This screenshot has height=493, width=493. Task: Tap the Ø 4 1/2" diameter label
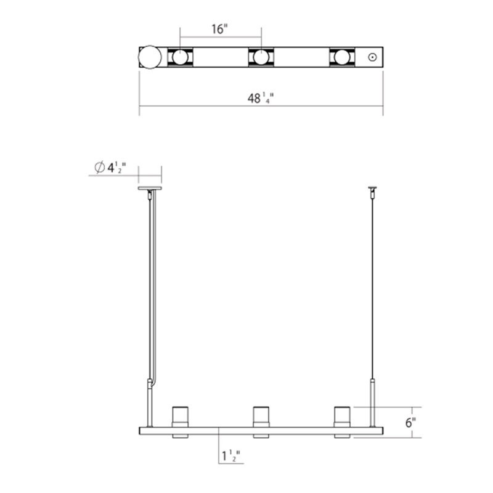[x=112, y=167]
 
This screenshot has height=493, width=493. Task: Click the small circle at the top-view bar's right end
[x=372, y=57]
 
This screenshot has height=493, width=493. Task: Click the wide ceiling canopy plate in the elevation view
[x=150, y=188]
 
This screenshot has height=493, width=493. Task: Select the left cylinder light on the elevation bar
[x=179, y=416]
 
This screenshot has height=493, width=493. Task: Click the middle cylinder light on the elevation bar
[x=261, y=416]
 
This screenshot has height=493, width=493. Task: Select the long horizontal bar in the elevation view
[x=261, y=430]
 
